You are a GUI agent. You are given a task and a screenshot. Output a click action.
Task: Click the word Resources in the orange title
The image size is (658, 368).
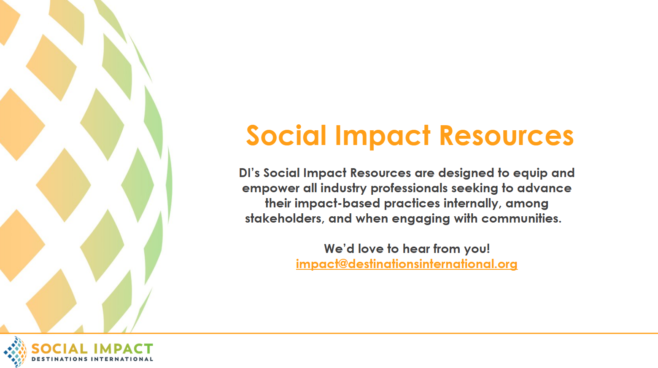click(506, 135)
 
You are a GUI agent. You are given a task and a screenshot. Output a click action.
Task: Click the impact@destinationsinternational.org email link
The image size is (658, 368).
click(407, 264)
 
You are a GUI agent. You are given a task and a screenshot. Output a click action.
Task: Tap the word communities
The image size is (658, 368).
click(521, 219)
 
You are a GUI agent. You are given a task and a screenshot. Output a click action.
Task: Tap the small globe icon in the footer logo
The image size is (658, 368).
click(15, 352)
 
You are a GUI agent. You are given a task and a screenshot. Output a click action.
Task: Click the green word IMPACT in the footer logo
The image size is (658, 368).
click(122, 349)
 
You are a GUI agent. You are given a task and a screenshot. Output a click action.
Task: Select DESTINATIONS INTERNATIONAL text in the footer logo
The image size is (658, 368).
click(92, 359)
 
